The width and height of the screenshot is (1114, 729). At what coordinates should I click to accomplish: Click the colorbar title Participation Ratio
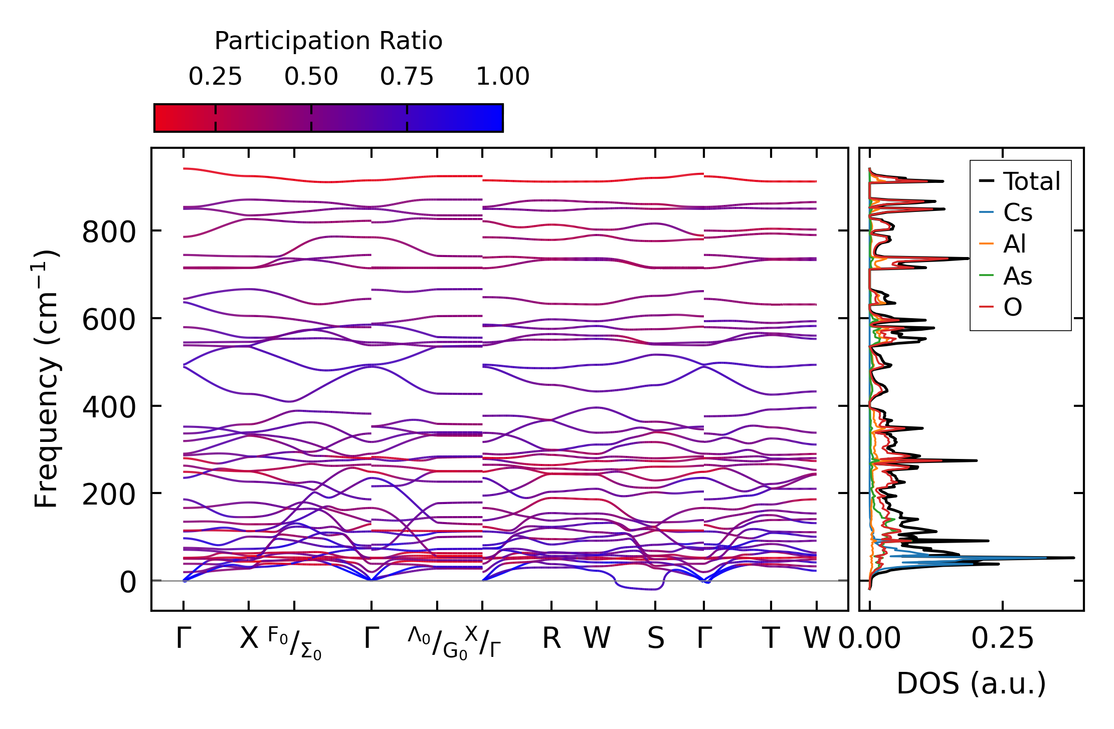click(x=328, y=41)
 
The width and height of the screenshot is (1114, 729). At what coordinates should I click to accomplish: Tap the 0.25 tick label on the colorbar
click(x=215, y=77)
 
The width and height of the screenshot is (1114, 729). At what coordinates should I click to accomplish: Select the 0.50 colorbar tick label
click(x=311, y=77)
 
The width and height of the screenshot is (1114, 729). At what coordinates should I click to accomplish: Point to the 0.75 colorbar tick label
click(x=407, y=77)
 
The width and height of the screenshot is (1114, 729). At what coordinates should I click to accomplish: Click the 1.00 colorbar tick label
click(x=502, y=77)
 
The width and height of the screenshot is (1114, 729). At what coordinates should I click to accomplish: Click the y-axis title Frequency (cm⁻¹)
click(x=47, y=379)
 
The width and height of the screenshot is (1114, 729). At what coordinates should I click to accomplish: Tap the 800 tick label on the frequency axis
click(x=109, y=232)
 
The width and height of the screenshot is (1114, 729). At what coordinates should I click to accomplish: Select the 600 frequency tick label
click(x=109, y=320)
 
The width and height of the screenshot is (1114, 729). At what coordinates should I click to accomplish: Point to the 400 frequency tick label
click(x=109, y=407)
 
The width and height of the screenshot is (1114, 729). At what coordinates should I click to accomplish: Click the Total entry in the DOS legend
click(x=1031, y=181)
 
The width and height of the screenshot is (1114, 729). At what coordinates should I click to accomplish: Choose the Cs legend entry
click(x=1017, y=213)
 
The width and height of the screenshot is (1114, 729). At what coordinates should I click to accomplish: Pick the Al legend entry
click(x=1014, y=245)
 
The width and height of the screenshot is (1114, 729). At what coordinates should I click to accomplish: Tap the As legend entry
click(x=1017, y=276)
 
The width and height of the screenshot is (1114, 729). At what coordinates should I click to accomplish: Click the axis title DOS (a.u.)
click(x=971, y=683)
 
